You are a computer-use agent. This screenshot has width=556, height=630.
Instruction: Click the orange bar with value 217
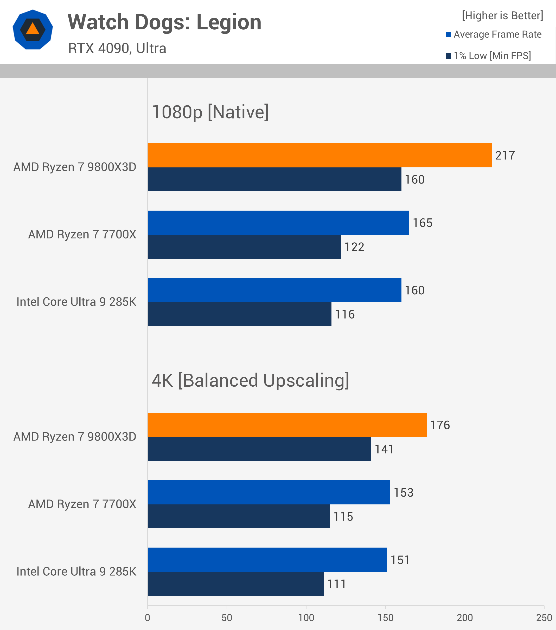coord(319,155)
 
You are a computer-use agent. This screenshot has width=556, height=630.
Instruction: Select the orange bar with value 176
coord(287,425)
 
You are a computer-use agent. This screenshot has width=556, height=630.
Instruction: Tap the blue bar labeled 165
coord(278,223)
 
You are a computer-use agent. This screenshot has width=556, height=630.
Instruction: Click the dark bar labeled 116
coord(239,314)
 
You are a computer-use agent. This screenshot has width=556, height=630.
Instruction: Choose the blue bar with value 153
coord(269,492)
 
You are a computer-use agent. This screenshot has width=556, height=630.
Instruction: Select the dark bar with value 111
coord(235,584)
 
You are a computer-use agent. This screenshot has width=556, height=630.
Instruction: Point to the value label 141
coord(384,449)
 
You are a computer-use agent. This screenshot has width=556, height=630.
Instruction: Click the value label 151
coord(400,560)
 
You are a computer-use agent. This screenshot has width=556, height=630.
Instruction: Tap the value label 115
coord(343,517)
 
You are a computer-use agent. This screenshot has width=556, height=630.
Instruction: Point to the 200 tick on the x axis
coord(465,618)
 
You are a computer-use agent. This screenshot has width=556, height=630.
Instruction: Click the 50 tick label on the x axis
coord(227,618)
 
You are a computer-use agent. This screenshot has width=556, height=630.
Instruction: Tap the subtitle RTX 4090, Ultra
coord(117,48)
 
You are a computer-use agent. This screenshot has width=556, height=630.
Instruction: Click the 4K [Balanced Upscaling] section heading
coord(250,380)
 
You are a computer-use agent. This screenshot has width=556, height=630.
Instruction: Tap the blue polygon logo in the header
coord(33,30)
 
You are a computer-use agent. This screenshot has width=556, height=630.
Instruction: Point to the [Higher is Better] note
coord(502,15)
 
